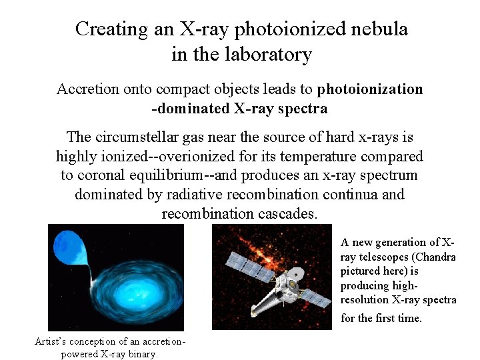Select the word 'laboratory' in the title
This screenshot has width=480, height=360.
(x=270, y=54)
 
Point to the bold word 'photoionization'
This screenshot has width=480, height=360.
(x=370, y=89)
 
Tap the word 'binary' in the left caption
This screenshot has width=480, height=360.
(x=141, y=354)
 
